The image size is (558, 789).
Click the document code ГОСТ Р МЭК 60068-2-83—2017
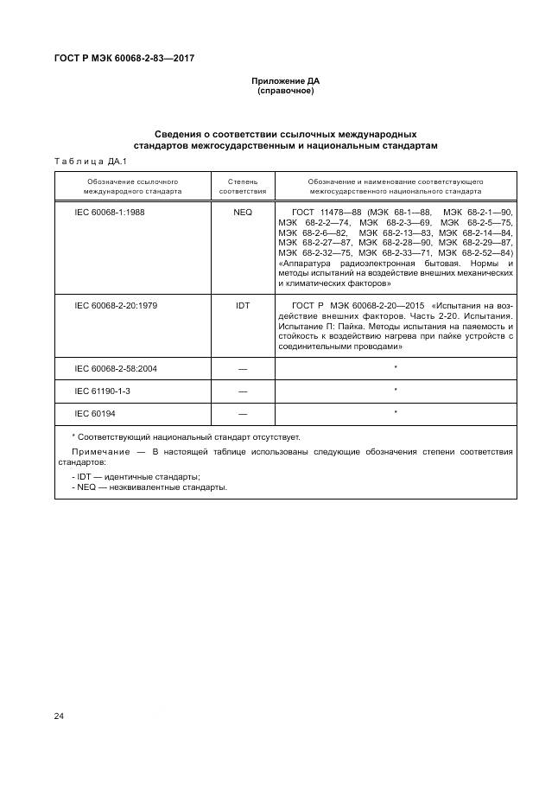click(x=117, y=58)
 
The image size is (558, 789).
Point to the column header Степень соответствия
click(x=242, y=187)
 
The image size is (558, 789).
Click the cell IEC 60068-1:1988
click(x=111, y=212)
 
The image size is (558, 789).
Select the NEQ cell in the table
click(x=242, y=212)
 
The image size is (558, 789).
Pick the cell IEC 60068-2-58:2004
click(x=116, y=368)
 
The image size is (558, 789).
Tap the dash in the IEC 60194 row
click(x=242, y=414)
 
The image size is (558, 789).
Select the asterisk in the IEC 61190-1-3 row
click(x=395, y=391)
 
